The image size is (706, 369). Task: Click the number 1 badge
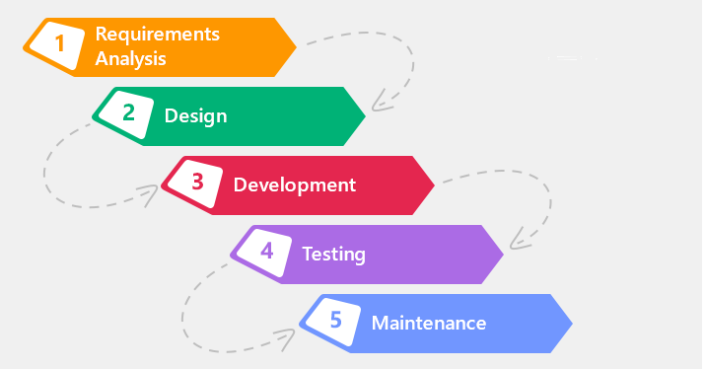(x=60, y=44)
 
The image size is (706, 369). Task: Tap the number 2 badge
(x=129, y=113)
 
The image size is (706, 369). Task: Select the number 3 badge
(x=198, y=183)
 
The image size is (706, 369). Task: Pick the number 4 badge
(x=267, y=252)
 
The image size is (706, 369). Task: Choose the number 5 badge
(x=336, y=321)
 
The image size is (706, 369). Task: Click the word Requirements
(x=157, y=35)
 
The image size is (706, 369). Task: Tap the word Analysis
(x=130, y=58)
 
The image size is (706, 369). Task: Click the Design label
(x=195, y=116)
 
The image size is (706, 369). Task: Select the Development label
(x=294, y=184)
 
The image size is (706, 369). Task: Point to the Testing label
(x=333, y=255)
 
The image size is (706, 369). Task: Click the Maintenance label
(x=428, y=323)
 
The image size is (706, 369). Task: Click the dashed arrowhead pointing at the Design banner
(x=379, y=103)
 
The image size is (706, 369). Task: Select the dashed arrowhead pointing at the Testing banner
(x=516, y=240)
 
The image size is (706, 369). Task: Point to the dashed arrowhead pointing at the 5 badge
(x=289, y=336)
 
